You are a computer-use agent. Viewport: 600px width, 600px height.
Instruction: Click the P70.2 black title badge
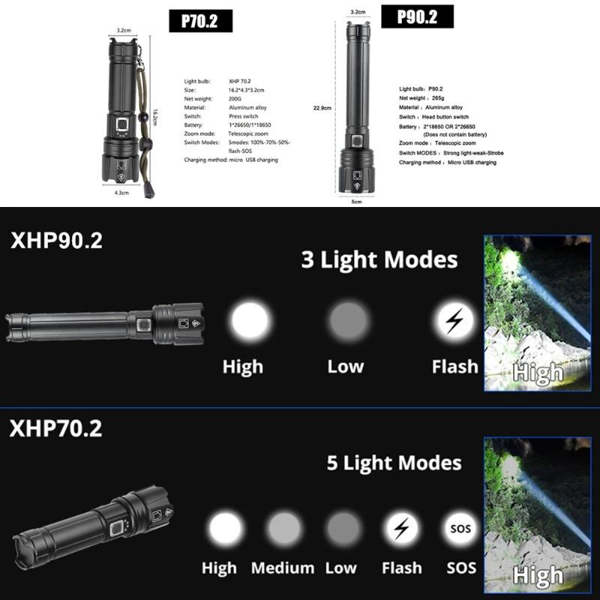pyautogui.click(x=199, y=21)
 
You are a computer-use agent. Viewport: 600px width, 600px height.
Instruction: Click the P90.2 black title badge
pyautogui.click(x=418, y=16)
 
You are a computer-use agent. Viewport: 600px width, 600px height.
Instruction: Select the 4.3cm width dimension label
pyautogui.click(x=122, y=193)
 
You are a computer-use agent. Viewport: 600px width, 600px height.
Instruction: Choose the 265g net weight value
pyautogui.click(x=437, y=97)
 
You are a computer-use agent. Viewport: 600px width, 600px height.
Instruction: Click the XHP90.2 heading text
pyautogui.click(x=56, y=241)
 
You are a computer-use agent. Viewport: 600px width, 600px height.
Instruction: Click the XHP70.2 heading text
pyautogui.click(x=56, y=429)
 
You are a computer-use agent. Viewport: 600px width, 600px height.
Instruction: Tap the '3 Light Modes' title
pyautogui.click(x=379, y=260)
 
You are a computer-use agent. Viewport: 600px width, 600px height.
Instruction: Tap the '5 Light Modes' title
pyautogui.click(x=394, y=463)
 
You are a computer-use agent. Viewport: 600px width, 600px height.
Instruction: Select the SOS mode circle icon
pyautogui.click(x=460, y=528)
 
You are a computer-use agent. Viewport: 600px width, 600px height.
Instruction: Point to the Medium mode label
pyautogui.click(x=283, y=568)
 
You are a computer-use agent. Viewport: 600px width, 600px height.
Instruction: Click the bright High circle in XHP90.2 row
pyautogui.click(x=249, y=321)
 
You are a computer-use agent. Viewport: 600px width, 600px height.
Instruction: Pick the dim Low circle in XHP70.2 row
pyautogui.click(x=343, y=529)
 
